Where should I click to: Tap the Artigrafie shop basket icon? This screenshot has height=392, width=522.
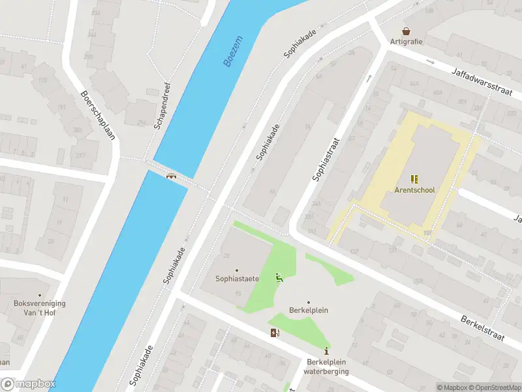tap(407, 31)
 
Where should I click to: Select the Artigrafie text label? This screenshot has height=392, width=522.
tap(407, 42)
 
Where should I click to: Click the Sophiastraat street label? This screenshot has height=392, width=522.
tap(326, 159)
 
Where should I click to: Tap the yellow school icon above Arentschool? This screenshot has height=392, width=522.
tap(414, 178)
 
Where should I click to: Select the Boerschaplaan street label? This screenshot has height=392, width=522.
tap(95, 114)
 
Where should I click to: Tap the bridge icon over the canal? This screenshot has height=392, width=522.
tap(172, 175)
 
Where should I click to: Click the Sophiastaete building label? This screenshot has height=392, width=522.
tap(238, 279)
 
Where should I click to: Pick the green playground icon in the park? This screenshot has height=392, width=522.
tap(279, 277)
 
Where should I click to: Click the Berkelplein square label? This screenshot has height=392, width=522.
tap(309, 310)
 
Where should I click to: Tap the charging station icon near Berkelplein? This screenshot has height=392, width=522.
tap(275, 333)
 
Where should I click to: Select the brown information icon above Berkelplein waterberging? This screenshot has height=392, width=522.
tap(327, 351)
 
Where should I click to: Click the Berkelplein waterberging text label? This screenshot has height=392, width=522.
tap(327, 367)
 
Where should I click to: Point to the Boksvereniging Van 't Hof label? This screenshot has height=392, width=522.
tap(39, 308)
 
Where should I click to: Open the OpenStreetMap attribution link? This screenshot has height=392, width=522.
tap(494, 387)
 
